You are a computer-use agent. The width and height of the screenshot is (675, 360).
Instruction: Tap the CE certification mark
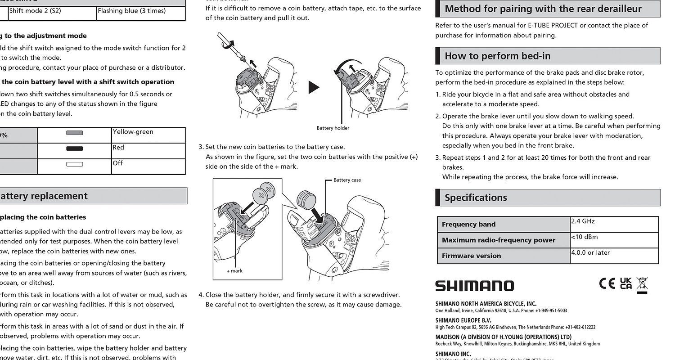point(607,283)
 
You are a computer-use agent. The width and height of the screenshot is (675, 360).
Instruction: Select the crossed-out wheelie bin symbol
point(642,285)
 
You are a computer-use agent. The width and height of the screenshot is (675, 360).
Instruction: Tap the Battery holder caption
point(333,128)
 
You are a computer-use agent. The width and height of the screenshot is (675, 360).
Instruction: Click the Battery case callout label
point(347,180)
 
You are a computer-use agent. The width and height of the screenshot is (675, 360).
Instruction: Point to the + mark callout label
point(234,271)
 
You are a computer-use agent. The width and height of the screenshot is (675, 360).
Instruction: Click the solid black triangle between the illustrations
point(314,87)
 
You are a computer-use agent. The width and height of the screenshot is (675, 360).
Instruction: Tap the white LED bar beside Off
point(74,164)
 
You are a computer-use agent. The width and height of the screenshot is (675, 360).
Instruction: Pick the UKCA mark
point(625,283)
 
